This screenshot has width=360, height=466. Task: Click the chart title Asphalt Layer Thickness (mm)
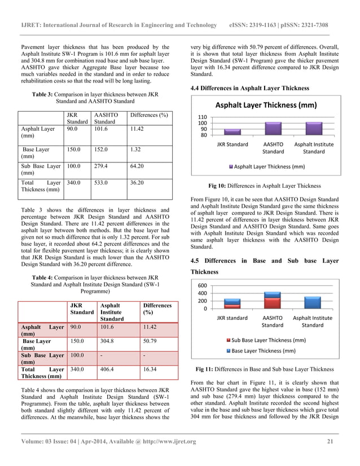tap(264, 105)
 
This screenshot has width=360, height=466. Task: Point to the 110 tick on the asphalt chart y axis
tap(201, 116)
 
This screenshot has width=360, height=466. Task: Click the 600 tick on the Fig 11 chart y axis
tap(201, 285)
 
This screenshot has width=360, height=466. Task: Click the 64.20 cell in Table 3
tap(138, 167)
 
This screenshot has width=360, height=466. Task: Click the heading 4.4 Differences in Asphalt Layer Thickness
tap(251, 88)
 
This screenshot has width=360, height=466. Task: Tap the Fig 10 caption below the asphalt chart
tap(265, 185)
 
